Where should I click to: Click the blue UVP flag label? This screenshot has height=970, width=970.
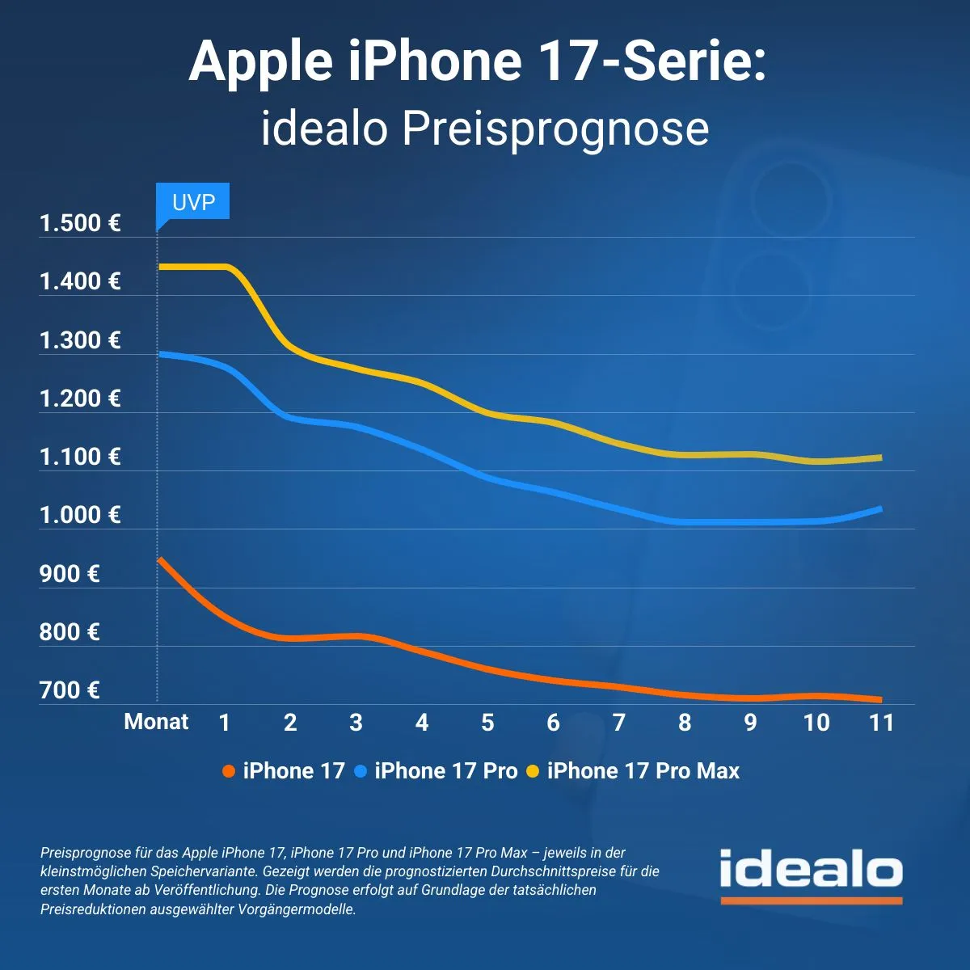193,202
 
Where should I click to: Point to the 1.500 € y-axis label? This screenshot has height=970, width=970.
80,224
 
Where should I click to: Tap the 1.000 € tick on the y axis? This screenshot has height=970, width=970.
80,515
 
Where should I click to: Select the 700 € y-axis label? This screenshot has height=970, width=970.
70,690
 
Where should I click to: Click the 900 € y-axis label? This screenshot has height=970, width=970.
70,574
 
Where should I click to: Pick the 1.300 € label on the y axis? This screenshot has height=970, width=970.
80,340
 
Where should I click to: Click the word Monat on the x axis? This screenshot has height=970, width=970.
156,722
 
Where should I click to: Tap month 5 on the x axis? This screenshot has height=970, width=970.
487,723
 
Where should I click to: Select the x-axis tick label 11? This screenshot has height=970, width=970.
881,723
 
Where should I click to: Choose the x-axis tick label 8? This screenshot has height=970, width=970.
685,723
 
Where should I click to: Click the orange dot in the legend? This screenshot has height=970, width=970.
229,772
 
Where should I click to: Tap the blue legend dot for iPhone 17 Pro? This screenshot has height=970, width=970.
361,772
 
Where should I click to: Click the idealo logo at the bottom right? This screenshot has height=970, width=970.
811,873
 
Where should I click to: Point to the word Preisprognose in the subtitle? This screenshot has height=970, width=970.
555,129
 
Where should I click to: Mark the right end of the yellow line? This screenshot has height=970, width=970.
879,458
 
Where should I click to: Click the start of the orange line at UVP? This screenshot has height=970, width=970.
159,559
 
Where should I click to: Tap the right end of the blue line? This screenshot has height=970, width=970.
879,508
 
